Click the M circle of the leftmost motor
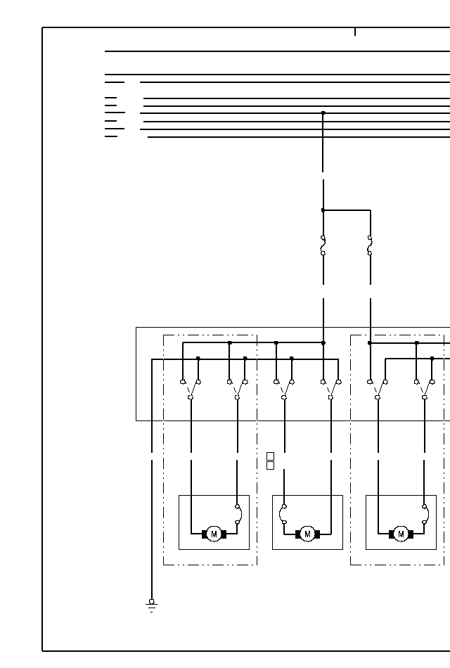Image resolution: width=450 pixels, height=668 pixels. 214,534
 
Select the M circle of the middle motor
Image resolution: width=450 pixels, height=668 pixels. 307,534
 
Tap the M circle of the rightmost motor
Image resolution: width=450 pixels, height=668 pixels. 401,534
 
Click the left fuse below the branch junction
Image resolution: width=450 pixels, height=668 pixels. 323,245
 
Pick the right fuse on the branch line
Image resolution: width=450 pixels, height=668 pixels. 370,245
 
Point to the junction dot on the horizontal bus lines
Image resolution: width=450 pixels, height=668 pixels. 323,113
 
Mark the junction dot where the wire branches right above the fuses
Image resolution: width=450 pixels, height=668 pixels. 323,210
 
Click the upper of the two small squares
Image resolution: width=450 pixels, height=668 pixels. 270,456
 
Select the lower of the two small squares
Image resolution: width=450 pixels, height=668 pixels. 270,465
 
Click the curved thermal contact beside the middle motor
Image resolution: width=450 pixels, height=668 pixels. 283,513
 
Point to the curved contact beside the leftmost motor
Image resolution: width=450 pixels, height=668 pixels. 238,514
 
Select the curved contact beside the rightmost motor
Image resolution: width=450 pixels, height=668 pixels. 425,514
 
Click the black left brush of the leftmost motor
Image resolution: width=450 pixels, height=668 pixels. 205,534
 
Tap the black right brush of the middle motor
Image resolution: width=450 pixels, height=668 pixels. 317,534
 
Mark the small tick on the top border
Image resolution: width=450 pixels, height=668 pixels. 355,32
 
